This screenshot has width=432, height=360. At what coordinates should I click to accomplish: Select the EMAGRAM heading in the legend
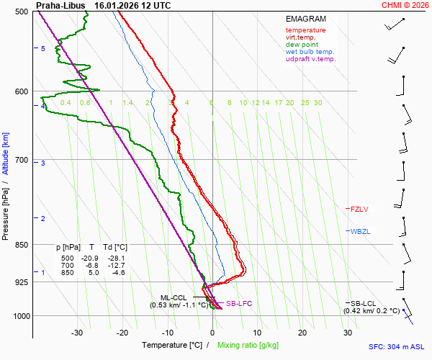pos(306,19)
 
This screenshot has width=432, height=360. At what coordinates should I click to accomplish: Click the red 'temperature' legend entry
pos(305,30)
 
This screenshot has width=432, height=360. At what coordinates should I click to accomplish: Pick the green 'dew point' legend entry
pos(302,45)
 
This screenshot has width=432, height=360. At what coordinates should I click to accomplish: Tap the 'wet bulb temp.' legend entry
pos(310,52)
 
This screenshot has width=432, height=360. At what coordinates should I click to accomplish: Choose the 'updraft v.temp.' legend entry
pos(310,59)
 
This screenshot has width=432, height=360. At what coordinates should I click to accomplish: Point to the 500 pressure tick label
pos(22,12)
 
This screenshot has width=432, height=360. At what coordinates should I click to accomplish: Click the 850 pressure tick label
pos(22,245)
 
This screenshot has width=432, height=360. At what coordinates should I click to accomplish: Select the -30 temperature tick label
pos(77,333)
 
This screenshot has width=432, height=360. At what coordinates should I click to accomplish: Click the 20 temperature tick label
pos(302,333)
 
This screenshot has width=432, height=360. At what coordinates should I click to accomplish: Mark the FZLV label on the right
pos(359,209)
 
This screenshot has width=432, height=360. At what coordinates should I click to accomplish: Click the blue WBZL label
pos(359,232)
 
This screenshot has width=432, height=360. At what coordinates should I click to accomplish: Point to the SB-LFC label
pos(239,304)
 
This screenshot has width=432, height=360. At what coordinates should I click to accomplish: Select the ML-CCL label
pos(174,297)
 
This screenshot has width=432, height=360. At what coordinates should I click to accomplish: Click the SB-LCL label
pos(364,304)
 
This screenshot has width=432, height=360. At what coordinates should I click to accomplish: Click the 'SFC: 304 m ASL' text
pos(399,346)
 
